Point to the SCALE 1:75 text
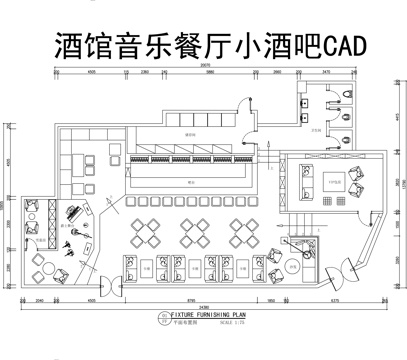(x=232, y=322)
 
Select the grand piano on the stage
(x=74, y=214)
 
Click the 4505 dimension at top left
(x=90, y=73)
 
